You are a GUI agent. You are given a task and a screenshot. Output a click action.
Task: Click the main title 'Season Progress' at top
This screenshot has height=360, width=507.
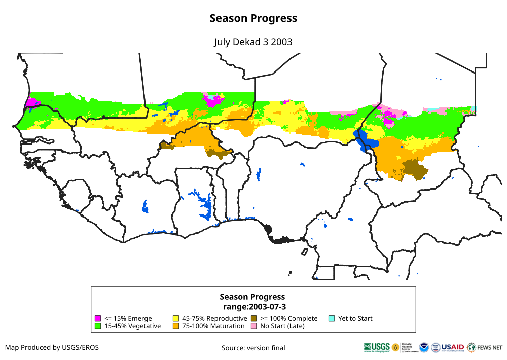tap(253, 18)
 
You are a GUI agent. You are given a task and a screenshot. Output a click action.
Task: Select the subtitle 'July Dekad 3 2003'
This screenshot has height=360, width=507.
tap(253, 42)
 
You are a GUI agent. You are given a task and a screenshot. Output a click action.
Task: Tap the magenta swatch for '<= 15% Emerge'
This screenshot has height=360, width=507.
tap(99, 318)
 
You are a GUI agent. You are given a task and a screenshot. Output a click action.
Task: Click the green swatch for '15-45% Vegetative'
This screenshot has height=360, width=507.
tap(99, 326)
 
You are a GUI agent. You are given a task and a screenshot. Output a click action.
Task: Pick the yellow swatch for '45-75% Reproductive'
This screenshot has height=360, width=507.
tap(176, 318)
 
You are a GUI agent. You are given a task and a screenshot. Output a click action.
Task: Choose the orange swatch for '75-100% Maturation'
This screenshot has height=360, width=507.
tap(176, 326)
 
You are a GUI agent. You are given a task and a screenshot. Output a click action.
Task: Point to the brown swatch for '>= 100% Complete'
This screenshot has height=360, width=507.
tap(254, 318)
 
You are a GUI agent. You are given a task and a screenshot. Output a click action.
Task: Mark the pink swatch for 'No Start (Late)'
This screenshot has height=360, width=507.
tap(254, 326)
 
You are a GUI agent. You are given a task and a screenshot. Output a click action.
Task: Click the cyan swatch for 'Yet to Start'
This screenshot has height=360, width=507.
tap(332, 318)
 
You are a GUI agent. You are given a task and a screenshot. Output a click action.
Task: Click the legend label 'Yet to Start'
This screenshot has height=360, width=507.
tap(355, 318)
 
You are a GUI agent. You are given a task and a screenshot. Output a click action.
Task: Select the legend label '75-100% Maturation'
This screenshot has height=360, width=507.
tap(213, 326)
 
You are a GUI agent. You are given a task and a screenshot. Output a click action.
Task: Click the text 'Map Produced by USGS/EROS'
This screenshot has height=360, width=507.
tap(52, 347)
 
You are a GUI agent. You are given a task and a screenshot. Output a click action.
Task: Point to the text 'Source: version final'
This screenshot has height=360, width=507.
tap(253, 348)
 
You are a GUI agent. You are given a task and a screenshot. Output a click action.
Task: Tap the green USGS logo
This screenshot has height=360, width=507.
tap(377, 347)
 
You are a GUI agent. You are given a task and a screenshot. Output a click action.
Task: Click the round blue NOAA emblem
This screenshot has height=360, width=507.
tap(424, 347)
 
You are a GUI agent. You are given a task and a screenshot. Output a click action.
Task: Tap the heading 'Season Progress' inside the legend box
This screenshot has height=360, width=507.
tap(252, 297)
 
